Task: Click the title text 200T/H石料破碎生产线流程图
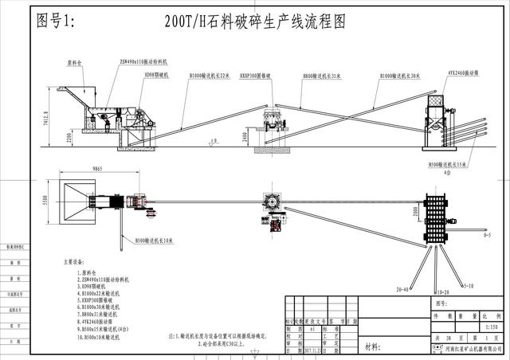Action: coord(255,22)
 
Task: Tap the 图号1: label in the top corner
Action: coord(57,22)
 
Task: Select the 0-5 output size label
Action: coord(486,235)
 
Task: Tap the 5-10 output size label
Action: coord(469,284)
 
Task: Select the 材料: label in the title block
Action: coord(372,347)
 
